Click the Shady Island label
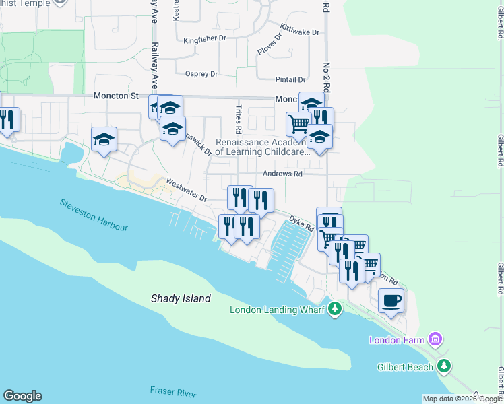180,298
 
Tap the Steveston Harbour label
93,214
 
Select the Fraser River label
173,391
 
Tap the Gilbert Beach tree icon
443,366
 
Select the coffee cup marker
391,300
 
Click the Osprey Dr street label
196,73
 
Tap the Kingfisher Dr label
205,38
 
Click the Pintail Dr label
290,79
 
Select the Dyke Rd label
302,224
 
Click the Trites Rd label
238,119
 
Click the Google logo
22,396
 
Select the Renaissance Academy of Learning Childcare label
262,147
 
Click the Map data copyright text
462,399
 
